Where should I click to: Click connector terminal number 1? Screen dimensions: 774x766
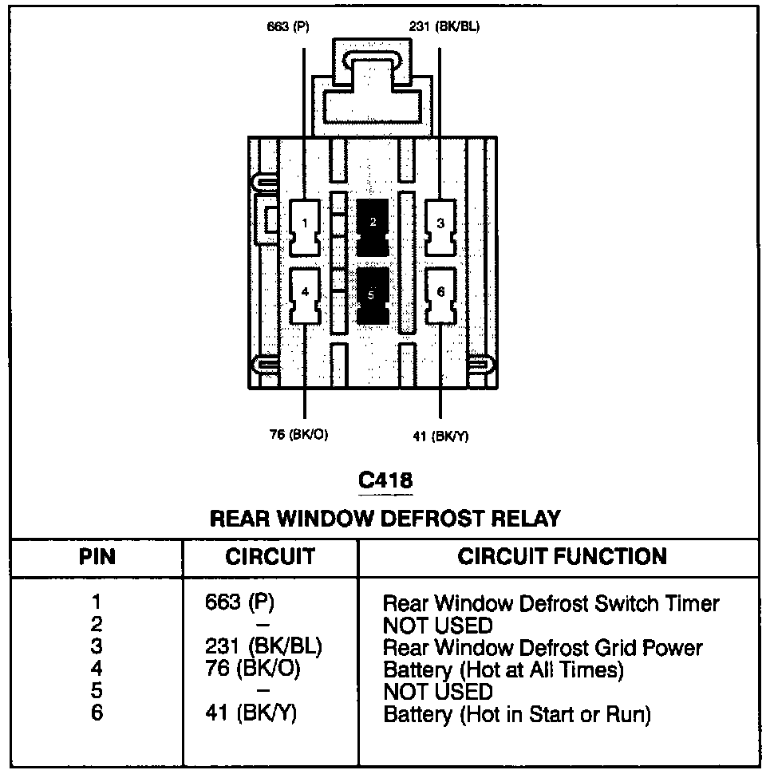305,224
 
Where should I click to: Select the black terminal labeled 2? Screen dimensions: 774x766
373,224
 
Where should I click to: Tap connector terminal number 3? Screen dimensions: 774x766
440,224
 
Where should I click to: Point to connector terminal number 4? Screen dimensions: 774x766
305,293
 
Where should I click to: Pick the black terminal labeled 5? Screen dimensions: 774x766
373,294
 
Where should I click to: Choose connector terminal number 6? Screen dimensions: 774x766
440,293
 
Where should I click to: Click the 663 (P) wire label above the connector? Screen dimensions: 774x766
288,26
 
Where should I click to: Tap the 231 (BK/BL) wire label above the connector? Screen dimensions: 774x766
444,26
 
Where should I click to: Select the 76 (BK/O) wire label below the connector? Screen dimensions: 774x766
299,435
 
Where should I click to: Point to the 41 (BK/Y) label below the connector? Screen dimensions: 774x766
440,436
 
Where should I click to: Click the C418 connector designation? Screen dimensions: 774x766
385,480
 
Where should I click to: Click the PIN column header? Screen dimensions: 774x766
97,556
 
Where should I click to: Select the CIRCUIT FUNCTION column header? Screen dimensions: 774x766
562,556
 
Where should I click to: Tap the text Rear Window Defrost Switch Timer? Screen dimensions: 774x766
551,603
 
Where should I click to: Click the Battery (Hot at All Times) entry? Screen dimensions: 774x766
503,670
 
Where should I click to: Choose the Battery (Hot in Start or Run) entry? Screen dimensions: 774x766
517,714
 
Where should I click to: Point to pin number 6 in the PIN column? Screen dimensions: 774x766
97,713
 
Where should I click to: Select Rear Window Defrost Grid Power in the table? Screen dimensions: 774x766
543,647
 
